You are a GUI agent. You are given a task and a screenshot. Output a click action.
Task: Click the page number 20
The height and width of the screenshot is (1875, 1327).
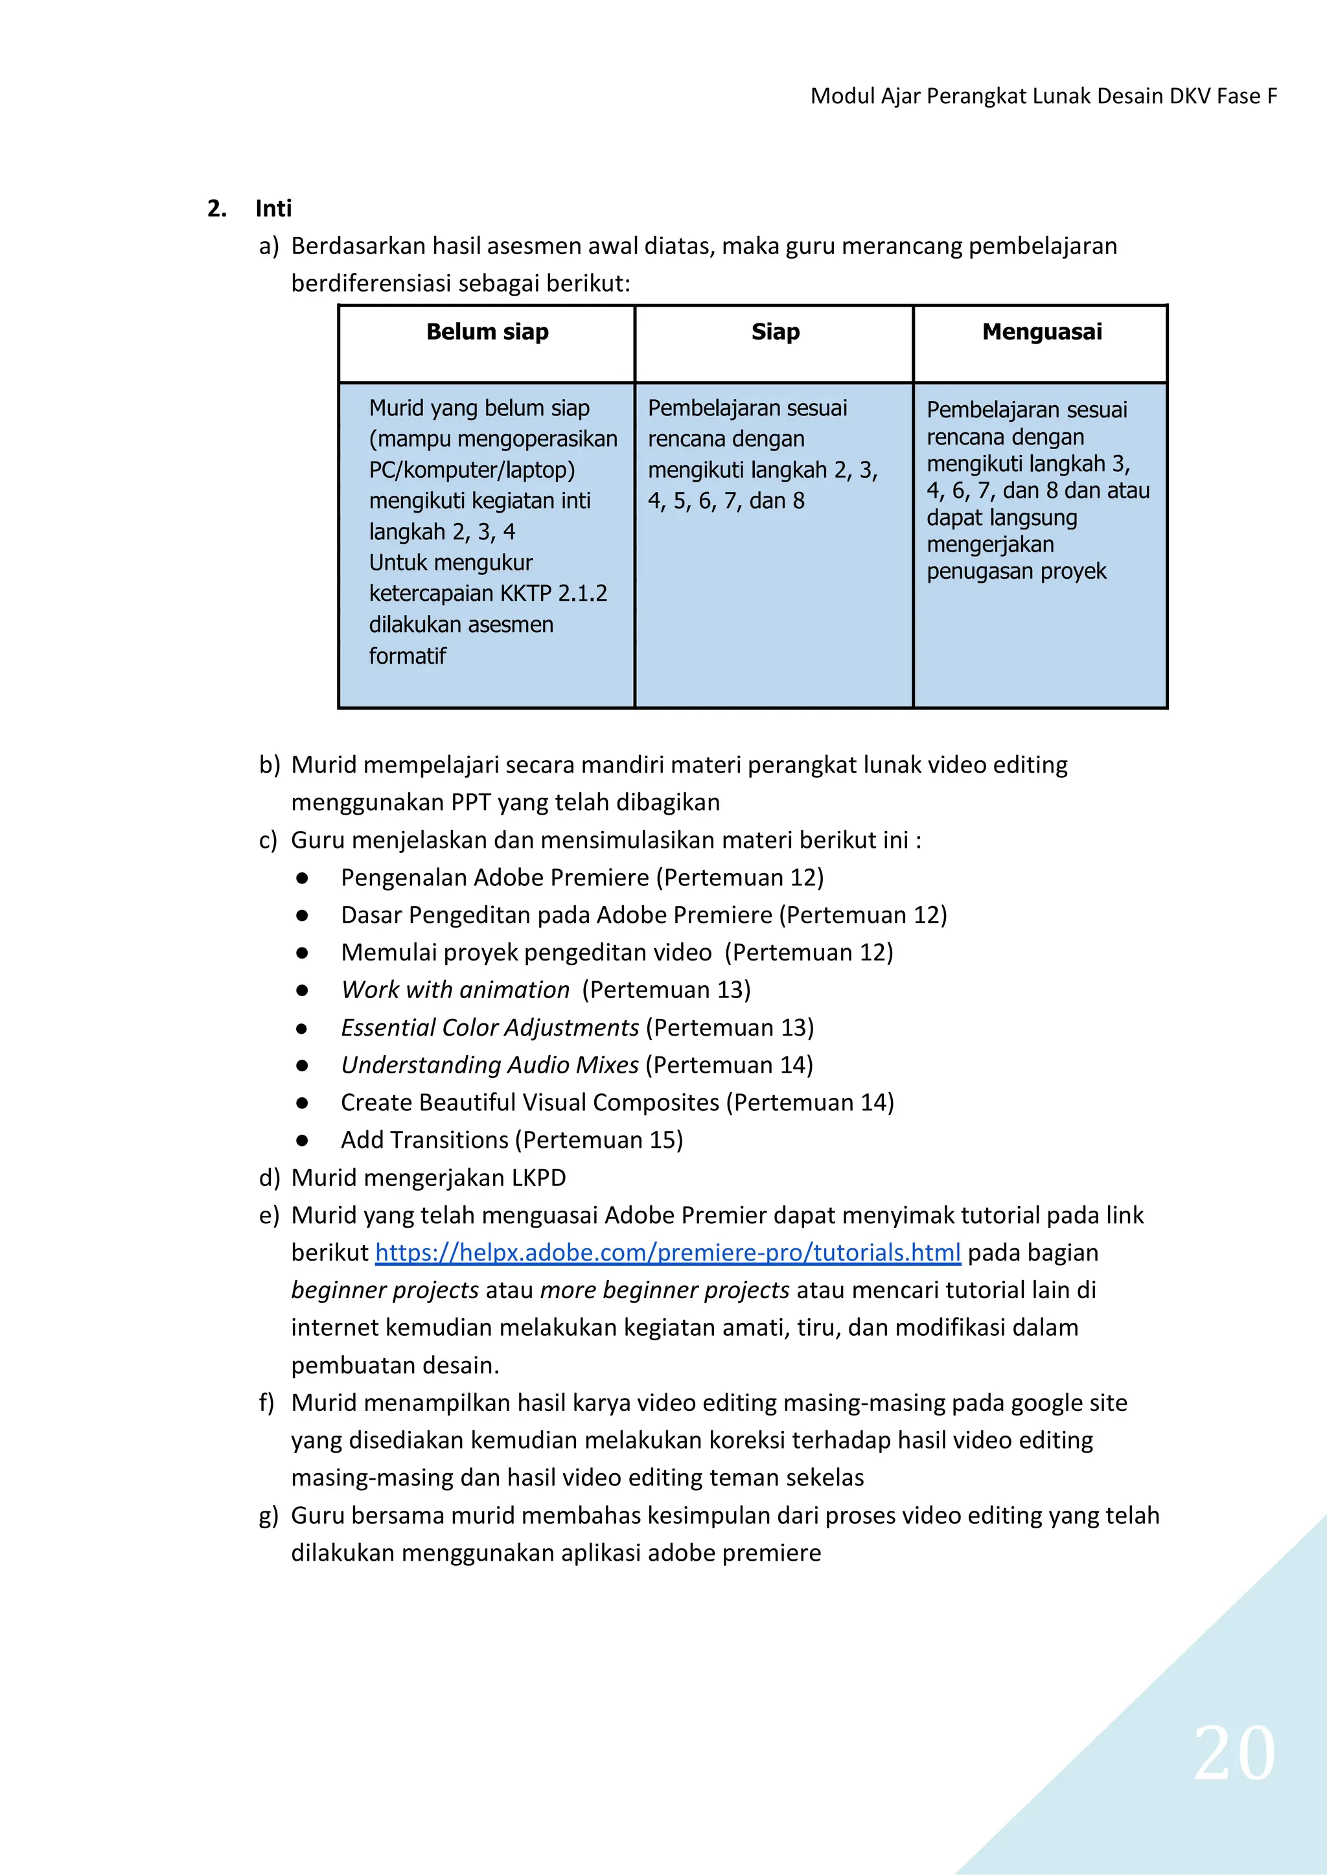(1234, 1753)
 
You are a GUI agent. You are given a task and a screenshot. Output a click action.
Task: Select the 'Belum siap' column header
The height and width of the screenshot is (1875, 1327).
(487, 332)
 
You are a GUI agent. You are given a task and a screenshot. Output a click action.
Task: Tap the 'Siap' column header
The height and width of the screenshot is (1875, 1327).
(775, 332)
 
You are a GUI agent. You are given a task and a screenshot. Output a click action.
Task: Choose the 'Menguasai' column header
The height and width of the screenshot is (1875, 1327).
(1041, 332)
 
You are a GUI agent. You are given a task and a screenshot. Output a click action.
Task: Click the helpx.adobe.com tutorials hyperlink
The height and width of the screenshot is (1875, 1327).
(667, 1252)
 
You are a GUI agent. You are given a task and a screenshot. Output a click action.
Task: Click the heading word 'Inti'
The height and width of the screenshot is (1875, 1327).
(273, 209)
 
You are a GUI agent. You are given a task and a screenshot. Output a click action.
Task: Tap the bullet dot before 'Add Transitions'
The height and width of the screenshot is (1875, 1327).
(303, 1140)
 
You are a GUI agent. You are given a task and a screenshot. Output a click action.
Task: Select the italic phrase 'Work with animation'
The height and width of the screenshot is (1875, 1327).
(455, 990)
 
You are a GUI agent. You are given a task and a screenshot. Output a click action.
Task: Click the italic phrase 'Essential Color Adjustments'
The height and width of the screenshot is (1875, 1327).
(489, 1027)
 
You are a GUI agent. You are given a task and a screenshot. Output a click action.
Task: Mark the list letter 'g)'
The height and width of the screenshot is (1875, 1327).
(268, 1515)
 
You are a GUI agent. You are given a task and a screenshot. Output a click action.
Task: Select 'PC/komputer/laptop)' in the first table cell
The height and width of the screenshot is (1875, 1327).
(472, 470)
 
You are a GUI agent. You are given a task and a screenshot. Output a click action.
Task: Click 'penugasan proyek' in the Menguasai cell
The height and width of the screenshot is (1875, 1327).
(1016, 572)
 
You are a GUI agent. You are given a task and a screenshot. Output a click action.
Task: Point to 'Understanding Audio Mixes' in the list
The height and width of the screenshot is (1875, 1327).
(489, 1065)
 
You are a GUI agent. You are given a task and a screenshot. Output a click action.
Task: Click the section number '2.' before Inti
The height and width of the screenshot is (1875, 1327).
(216, 209)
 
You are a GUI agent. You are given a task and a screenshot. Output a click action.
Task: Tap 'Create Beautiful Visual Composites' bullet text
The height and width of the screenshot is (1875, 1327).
(529, 1102)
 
